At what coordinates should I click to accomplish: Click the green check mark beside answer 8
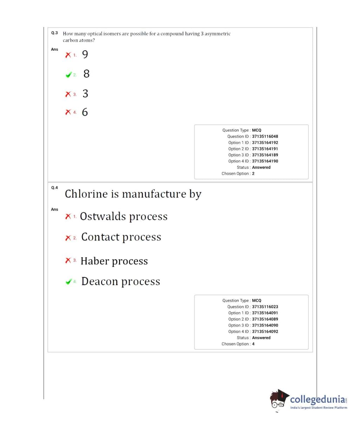(68, 75)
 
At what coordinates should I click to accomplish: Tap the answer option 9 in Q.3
(85, 54)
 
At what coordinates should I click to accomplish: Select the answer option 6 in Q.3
(85, 112)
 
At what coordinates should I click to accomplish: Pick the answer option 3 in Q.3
(85, 93)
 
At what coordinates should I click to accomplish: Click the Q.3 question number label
(54, 33)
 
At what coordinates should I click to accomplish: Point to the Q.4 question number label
(54, 188)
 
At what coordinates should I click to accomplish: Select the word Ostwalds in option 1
(103, 216)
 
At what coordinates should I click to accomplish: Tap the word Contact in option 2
(100, 237)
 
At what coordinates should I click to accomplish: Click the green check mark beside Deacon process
(68, 282)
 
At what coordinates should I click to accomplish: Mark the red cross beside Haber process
(68, 260)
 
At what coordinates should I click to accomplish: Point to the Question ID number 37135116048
(265, 136)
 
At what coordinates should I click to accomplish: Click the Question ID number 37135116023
(265, 307)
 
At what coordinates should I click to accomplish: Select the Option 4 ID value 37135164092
(265, 331)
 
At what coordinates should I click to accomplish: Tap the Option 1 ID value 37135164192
(265, 143)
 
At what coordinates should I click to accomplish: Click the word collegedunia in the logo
(317, 400)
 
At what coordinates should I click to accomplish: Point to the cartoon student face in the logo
(279, 401)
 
